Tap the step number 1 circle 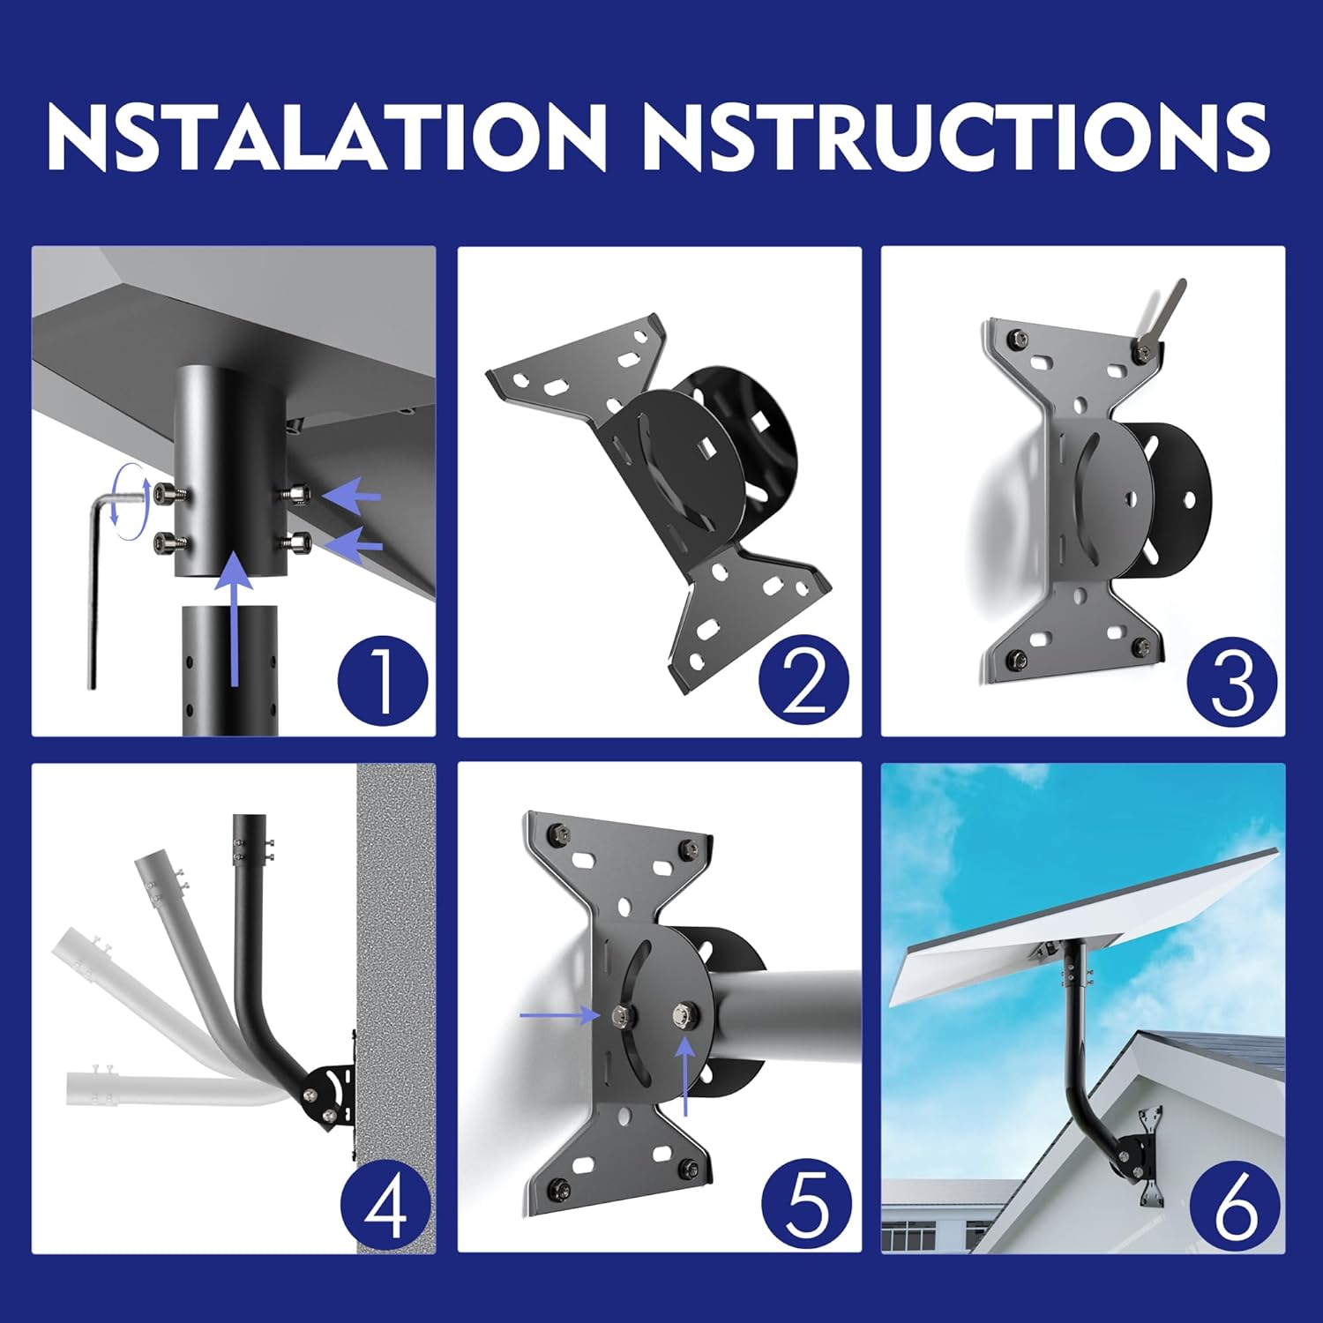pyautogui.click(x=383, y=680)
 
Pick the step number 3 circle pyautogui.click(x=1231, y=683)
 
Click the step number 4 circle pyautogui.click(x=385, y=1206)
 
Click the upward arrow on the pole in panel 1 pyautogui.click(x=234, y=617)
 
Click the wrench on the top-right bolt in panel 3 pyautogui.click(x=1164, y=313)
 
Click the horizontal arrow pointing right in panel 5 pyautogui.click(x=560, y=1016)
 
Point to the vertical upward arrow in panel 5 pyautogui.click(x=686, y=1076)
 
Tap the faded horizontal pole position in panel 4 pyautogui.click(x=159, y=1087)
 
